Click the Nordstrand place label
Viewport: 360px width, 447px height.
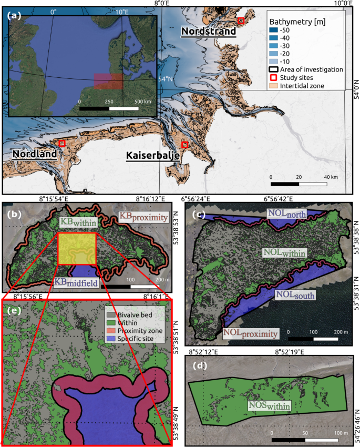pyautogui.click(x=208, y=32)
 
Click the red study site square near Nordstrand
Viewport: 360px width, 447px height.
pyautogui.click(x=241, y=21)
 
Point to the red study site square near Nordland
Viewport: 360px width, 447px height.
pyautogui.click(x=62, y=143)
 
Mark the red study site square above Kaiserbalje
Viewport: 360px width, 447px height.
pyautogui.click(x=184, y=144)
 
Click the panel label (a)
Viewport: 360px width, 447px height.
pyautogui.click(x=14, y=16)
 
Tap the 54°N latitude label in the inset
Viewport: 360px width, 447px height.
pyautogui.click(x=166, y=79)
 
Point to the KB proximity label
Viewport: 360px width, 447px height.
pyautogui.click(x=142, y=217)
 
